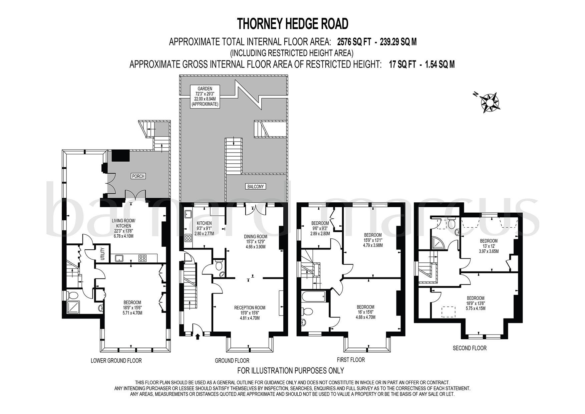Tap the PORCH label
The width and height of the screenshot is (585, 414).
(138, 176)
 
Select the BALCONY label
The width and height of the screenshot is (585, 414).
(256, 187)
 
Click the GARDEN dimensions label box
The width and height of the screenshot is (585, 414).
(205, 96)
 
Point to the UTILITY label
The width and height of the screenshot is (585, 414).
(103, 254)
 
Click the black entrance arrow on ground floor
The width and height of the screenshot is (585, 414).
(197, 336)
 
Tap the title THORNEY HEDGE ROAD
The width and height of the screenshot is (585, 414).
(292, 24)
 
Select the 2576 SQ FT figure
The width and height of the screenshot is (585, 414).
(353, 42)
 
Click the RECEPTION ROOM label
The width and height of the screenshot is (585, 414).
(250, 313)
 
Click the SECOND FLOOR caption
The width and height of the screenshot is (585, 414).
(470, 348)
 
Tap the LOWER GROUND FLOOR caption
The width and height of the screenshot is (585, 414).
(116, 361)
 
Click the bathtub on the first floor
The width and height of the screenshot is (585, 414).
(313, 296)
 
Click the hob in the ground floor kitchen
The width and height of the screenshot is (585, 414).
(188, 238)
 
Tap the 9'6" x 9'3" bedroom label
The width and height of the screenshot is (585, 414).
(320, 228)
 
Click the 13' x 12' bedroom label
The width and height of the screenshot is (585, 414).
(488, 246)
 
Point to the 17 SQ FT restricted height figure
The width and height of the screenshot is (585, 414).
(402, 64)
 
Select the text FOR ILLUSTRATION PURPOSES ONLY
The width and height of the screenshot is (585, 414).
(290, 370)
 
